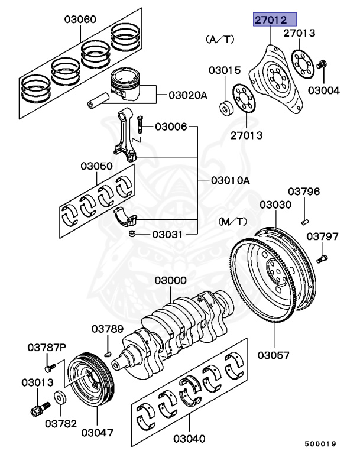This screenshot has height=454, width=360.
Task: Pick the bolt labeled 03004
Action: (x=323, y=64)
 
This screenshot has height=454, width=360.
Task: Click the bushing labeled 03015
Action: (x=226, y=108)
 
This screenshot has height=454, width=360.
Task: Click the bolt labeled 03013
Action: (x=38, y=408)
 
